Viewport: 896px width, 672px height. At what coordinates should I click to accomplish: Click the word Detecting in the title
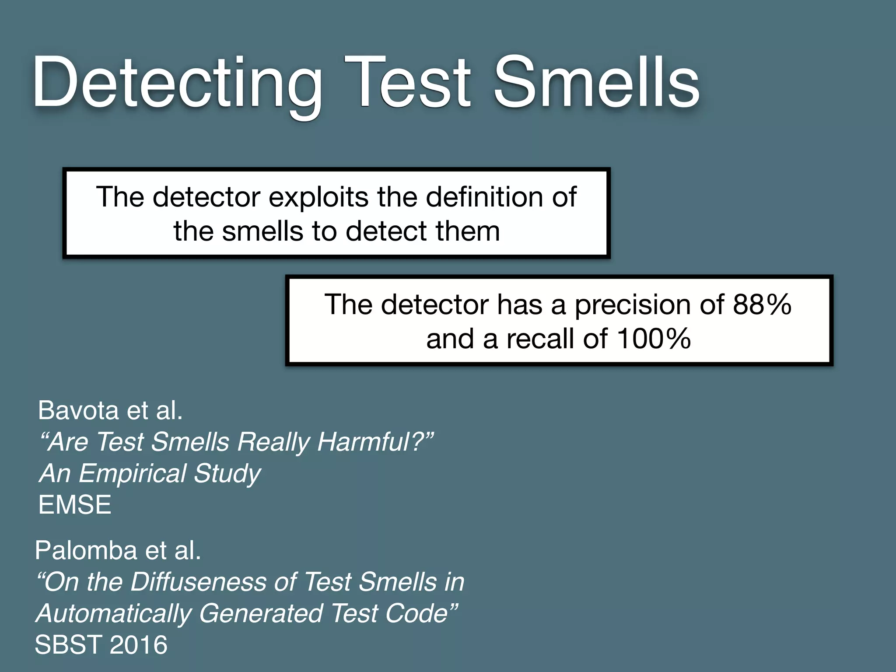(x=177, y=83)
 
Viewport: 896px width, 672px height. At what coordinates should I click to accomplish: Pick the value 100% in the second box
(x=654, y=339)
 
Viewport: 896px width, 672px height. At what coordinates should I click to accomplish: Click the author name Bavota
(x=78, y=410)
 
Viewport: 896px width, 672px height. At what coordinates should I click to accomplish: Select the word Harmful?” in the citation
(x=376, y=442)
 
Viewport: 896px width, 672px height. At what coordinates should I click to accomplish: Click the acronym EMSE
(x=75, y=505)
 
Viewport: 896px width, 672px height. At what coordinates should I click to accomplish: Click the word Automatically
(x=114, y=613)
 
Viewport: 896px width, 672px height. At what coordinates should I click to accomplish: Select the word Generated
(x=261, y=613)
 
